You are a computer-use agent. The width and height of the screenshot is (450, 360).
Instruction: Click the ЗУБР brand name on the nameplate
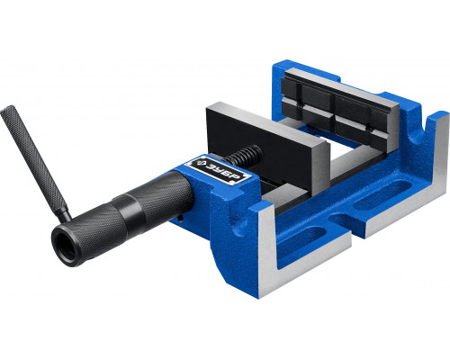(223, 173)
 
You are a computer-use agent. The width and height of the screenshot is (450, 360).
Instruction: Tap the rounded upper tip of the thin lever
(6, 110)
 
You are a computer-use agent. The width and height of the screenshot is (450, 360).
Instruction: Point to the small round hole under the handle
(180, 218)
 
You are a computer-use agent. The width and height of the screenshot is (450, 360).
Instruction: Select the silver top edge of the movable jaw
(268, 123)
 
